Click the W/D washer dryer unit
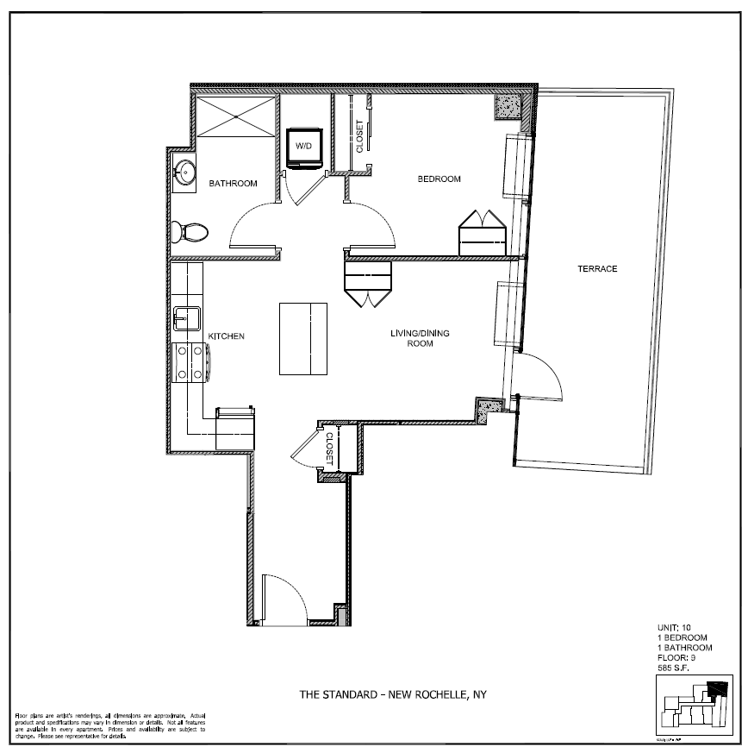(304, 147)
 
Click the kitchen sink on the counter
(186, 318)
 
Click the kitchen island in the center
(302, 338)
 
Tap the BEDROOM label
(439, 179)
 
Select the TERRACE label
(596, 269)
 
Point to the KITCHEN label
(228, 336)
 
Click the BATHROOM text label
(234, 184)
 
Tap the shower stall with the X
(236, 115)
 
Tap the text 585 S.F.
(676, 668)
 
